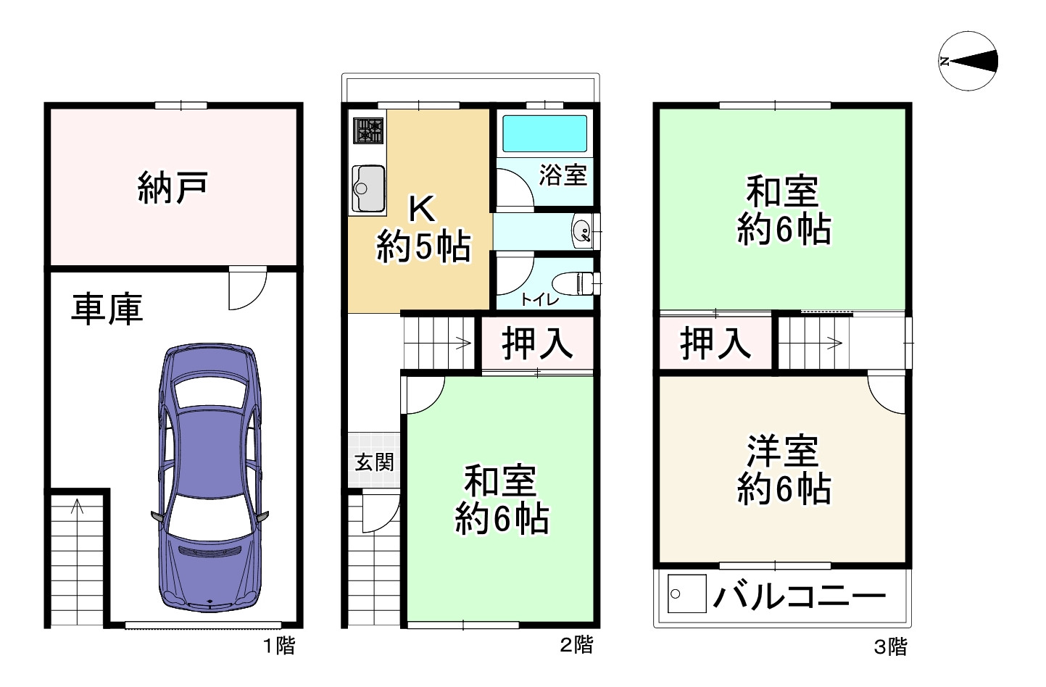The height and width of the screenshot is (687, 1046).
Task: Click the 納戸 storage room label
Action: [173, 187]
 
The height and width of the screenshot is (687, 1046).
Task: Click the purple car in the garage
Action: [209, 478]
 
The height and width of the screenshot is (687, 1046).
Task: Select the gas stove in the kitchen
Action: [368, 131]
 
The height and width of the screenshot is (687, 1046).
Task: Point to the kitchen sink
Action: [368, 188]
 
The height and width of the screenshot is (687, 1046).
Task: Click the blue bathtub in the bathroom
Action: [544, 133]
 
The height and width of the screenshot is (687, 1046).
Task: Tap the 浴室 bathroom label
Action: [563, 175]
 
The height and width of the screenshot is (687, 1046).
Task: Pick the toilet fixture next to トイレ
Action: [576, 282]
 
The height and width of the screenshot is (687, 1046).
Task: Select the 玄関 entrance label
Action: [374, 462]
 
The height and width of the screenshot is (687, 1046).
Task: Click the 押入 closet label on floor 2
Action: [537, 343]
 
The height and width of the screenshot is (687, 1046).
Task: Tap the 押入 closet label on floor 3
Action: [715, 343]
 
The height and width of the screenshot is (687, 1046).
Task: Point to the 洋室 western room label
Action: [783, 451]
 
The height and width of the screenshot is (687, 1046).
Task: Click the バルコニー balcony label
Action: [799, 596]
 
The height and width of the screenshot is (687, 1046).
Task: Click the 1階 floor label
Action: [278, 645]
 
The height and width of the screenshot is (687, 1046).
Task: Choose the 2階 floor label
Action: [576, 644]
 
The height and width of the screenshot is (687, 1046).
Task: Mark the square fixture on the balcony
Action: [686, 594]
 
